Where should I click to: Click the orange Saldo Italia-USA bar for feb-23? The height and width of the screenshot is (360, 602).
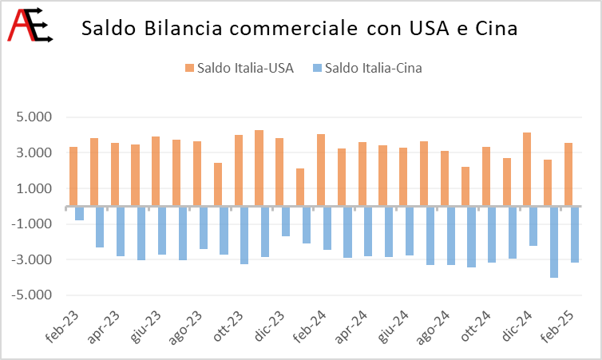pyautogui.click(x=73, y=176)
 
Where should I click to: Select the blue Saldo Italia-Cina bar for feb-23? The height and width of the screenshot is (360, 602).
pyautogui.click(x=80, y=213)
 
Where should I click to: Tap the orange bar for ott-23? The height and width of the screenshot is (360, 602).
pyautogui.click(x=239, y=170)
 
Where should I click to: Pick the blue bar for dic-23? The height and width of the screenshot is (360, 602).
pyautogui.click(x=286, y=221)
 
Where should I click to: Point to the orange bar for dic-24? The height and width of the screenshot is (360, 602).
pyautogui.click(x=527, y=169)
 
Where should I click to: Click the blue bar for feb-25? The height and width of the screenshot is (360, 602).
pyautogui.click(x=575, y=235)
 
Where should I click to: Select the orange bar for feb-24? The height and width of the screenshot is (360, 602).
pyautogui.click(x=321, y=170)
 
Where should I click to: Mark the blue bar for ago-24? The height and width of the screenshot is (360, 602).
pyautogui.click(x=430, y=235)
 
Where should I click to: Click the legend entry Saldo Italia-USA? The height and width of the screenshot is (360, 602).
pyautogui.click(x=240, y=68)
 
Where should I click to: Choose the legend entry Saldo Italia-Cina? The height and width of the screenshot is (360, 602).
pyautogui.click(x=368, y=68)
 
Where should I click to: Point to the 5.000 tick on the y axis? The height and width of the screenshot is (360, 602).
pyautogui.click(x=34, y=117)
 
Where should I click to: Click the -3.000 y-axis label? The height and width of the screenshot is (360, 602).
pyautogui.click(x=31, y=259)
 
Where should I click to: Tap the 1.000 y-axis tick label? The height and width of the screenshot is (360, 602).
pyautogui.click(x=34, y=188)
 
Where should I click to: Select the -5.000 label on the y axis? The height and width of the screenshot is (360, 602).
pyautogui.click(x=31, y=295)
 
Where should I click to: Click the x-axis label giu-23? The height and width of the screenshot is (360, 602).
pyautogui.click(x=145, y=326)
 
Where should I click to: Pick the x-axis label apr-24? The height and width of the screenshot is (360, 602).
pyautogui.click(x=351, y=327)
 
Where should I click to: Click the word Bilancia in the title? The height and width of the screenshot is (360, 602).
pyautogui.click(x=183, y=28)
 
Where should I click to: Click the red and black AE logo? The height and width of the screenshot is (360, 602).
pyautogui.click(x=30, y=25)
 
